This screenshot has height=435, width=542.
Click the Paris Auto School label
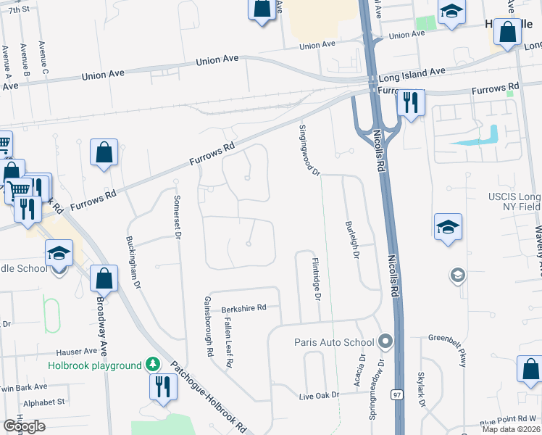[333, 342]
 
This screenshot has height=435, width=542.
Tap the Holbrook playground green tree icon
[152, 363]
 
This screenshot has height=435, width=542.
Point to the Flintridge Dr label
[316, 279]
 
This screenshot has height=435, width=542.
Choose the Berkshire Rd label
[244, 307]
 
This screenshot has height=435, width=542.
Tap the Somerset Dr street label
[176, 214]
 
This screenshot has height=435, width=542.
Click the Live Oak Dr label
[320, 396]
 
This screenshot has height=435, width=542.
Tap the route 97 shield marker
[396, 394]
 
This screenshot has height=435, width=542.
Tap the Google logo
[24, 426]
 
